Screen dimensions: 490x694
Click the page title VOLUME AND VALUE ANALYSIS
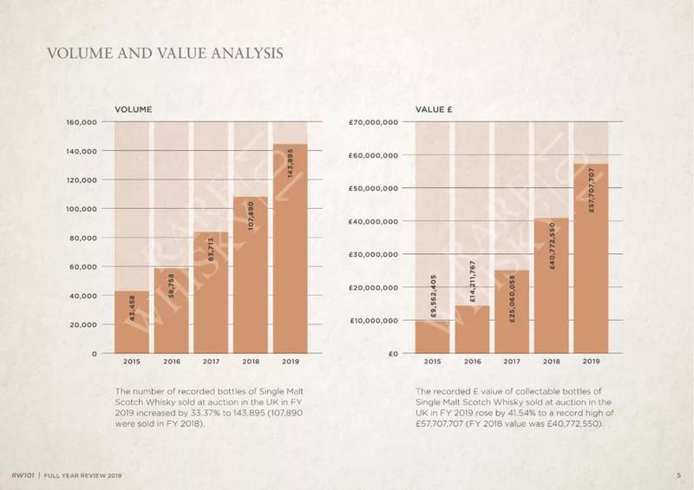[164, 54]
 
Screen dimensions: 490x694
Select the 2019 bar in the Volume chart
[291, 252]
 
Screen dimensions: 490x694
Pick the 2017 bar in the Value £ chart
[511, 312]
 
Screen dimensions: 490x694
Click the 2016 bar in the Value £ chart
[472, 330]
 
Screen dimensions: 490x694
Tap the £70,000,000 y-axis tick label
[373, 122]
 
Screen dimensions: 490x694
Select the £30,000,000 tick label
[373, 255]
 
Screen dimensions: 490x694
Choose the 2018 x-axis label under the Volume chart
[251, 361]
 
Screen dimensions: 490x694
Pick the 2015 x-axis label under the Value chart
[432, 361]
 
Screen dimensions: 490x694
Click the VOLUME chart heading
[134, 109]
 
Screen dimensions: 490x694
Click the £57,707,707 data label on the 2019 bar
[591, 191]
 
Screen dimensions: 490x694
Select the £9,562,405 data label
[432, 299]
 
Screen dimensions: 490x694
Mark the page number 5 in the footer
[678, 476]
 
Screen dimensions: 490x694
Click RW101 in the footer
[22, 476]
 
